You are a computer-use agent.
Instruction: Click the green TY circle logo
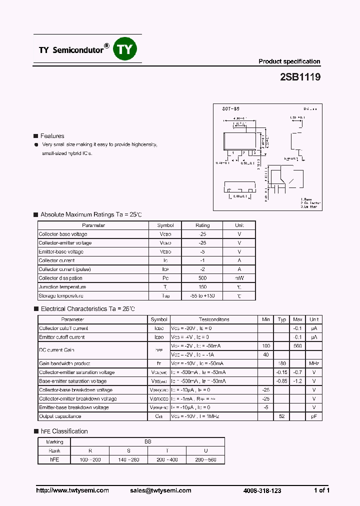(x=125, y=49)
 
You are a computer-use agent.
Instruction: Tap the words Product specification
(x=289, y=61)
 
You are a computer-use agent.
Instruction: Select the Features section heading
(x=52, y=136)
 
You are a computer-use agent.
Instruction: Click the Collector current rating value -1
(x=202, y=260)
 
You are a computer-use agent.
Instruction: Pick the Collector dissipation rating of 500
(x=202, y=278)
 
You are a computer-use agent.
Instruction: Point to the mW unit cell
(x=239, y=278)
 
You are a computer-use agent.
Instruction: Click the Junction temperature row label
(x=62, y=287)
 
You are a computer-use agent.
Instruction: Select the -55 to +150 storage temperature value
(x=202, y=296)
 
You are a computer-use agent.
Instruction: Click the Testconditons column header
(x=214, y=319)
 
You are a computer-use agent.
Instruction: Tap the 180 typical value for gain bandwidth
(x=282, y=363)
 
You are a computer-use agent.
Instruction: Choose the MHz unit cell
(x=314, y=363)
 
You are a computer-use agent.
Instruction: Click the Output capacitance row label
(x=60, y=416)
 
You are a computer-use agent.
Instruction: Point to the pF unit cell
(x=314, y=416)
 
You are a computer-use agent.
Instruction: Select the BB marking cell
(x=147, y=442)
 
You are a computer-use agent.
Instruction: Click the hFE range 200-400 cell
(x=166, y=459)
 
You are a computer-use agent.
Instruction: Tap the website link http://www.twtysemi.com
(x=72, y=490)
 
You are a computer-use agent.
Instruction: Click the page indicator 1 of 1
(x=321, y=490)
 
